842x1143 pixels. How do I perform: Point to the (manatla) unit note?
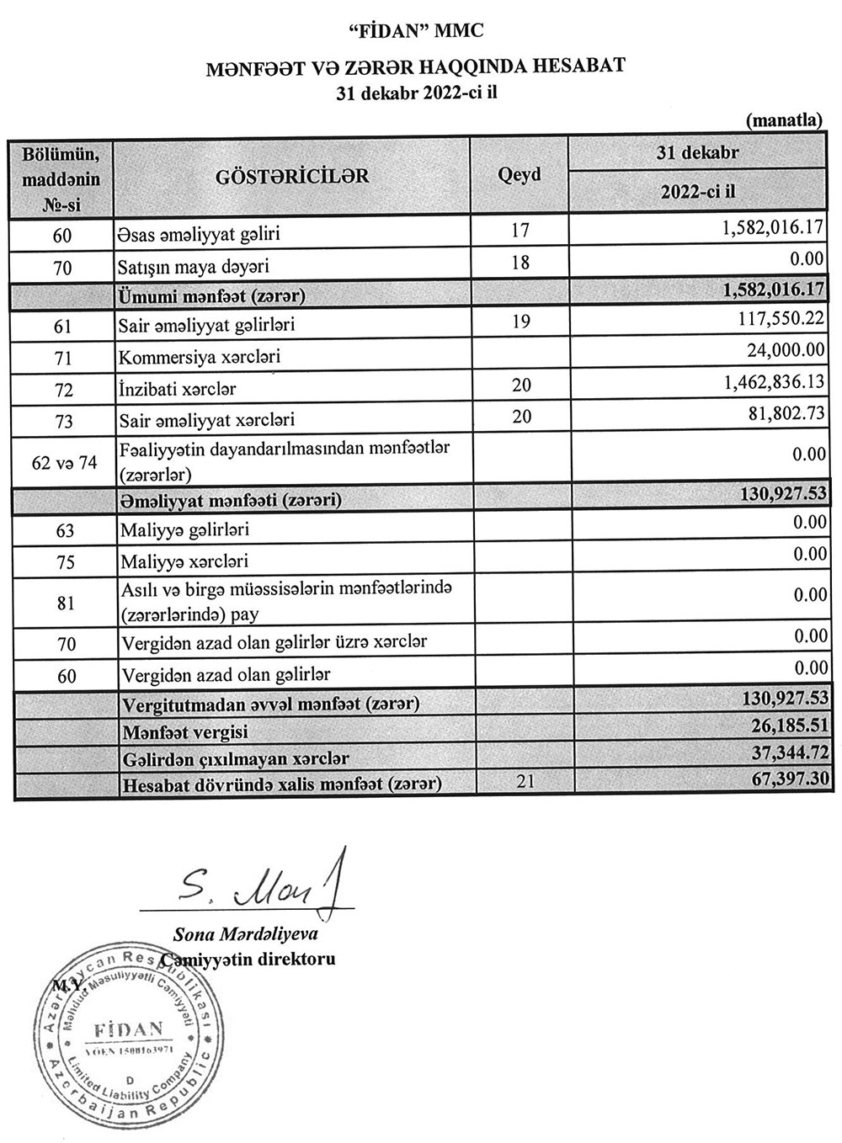[x=784, y=120]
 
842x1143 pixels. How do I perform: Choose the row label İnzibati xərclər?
[x=178, y=388]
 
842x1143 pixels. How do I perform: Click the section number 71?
[x=63, y=357]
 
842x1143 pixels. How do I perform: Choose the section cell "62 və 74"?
[x=63, y=462]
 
